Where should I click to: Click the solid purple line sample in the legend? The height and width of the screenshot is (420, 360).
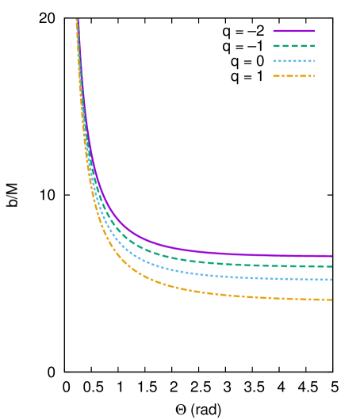[293, 31]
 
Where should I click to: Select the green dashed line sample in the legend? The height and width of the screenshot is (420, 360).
[293, 46]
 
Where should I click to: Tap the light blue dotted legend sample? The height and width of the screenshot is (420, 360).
[293, 61]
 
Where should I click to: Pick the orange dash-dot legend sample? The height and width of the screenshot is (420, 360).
[293, 76]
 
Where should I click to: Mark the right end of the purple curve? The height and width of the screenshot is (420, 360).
[331, 256]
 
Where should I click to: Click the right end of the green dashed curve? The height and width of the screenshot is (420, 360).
[331, 267]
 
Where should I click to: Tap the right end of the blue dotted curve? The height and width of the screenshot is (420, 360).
[331, 280]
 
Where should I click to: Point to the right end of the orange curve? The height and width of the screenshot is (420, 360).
[331, 300]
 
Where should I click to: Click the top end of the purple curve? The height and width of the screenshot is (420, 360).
[77, 20]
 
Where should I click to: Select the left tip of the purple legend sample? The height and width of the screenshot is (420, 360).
[273, 31]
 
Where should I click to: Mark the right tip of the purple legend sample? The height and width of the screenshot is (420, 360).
[315, 31]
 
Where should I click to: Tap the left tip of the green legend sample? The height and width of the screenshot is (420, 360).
[273, 46]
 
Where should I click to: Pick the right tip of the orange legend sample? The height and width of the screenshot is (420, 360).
[315, 76]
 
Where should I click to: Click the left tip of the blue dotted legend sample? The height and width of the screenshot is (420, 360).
[273, 61]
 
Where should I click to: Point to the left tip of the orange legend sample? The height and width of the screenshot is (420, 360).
[273, 76]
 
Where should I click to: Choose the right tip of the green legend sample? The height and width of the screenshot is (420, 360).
[315, 46]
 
